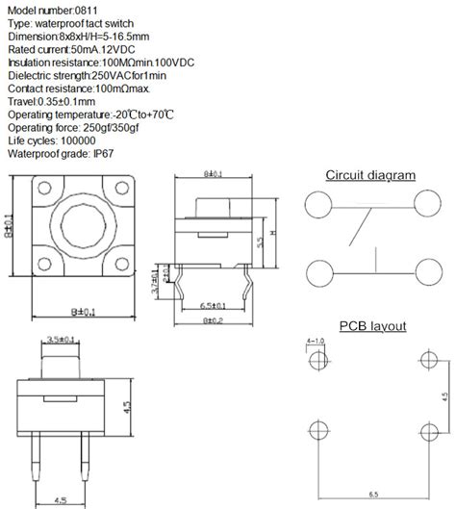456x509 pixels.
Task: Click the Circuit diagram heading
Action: [370, 175]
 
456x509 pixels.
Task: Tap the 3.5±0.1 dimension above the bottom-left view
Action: [62, 339]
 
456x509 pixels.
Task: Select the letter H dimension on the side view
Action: [275, 235]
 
